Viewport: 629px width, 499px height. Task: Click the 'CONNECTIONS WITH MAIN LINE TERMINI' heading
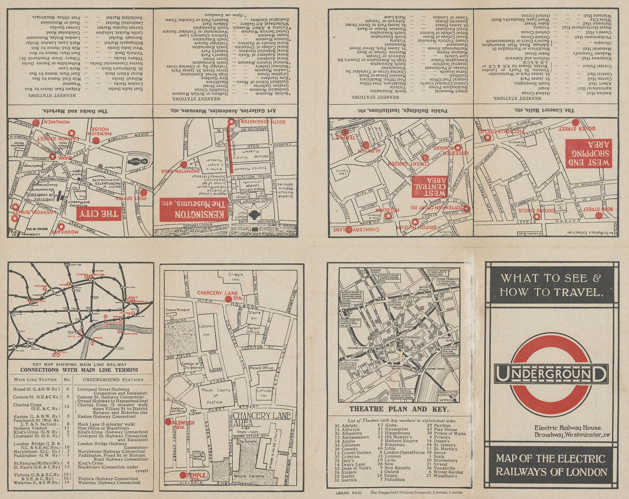[79, 370]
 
